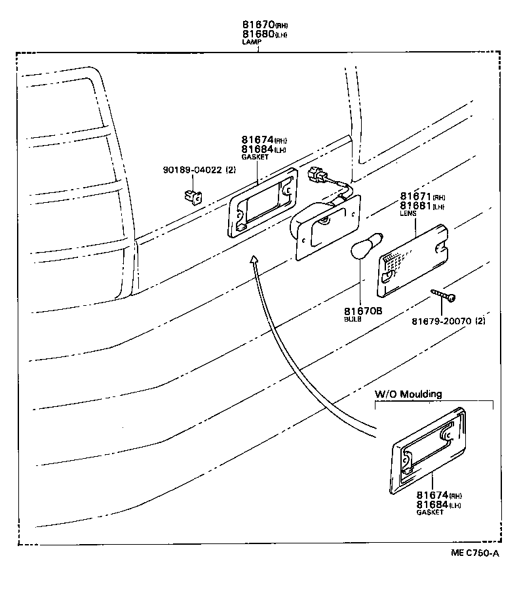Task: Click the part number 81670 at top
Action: coord(256,26)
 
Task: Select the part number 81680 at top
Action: coord(256,35)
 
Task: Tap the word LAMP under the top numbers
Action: coord(252,43)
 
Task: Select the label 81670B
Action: coord(362,311)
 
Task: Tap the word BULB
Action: coord(353,319)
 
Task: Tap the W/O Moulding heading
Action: coord(408,394)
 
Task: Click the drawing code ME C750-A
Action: coord(474,553)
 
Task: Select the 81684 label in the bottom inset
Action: coord(431,504)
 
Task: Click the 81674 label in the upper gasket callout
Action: coord(256,140)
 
